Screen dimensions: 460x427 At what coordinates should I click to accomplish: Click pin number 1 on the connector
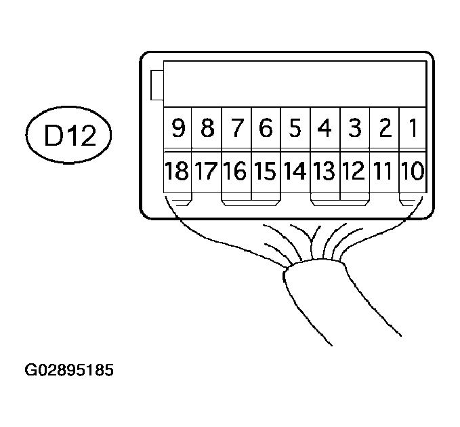[x=412, y=127]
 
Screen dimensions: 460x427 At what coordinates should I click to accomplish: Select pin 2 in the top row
[x=383, y=127]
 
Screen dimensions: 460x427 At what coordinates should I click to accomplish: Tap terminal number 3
[x=354, y=127]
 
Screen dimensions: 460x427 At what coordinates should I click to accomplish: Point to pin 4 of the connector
[x=325, y=127]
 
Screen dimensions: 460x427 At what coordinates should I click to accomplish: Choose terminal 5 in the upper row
[x=295, y=127]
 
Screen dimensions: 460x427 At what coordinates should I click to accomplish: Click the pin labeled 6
[x=266, y=127]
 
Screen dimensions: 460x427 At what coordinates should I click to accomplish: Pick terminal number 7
[x=236, y=127]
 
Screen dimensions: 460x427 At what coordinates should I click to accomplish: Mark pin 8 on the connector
[x=207, y=127]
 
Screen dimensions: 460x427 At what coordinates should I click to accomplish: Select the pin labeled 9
[x=178, y=127]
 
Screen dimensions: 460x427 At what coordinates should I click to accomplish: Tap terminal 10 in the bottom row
[x=412, y=171]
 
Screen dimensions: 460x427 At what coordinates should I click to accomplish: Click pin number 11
[x=383, y=171]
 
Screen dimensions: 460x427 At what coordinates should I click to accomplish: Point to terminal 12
[x=354, y=171]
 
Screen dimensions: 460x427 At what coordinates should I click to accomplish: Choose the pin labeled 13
[x=325, y=171]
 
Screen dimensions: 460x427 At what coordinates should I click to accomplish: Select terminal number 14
[x=295, y=171]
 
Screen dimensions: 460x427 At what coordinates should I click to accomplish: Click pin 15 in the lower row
[x=266, y=171]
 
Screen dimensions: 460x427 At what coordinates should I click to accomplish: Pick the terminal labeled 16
[x=236, y=171]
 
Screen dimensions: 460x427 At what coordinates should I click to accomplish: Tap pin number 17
[x=207, y=171]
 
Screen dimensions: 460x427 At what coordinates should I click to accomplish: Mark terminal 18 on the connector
[x=178, y=171]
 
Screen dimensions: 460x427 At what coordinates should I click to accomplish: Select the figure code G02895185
[x=68, y=371]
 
